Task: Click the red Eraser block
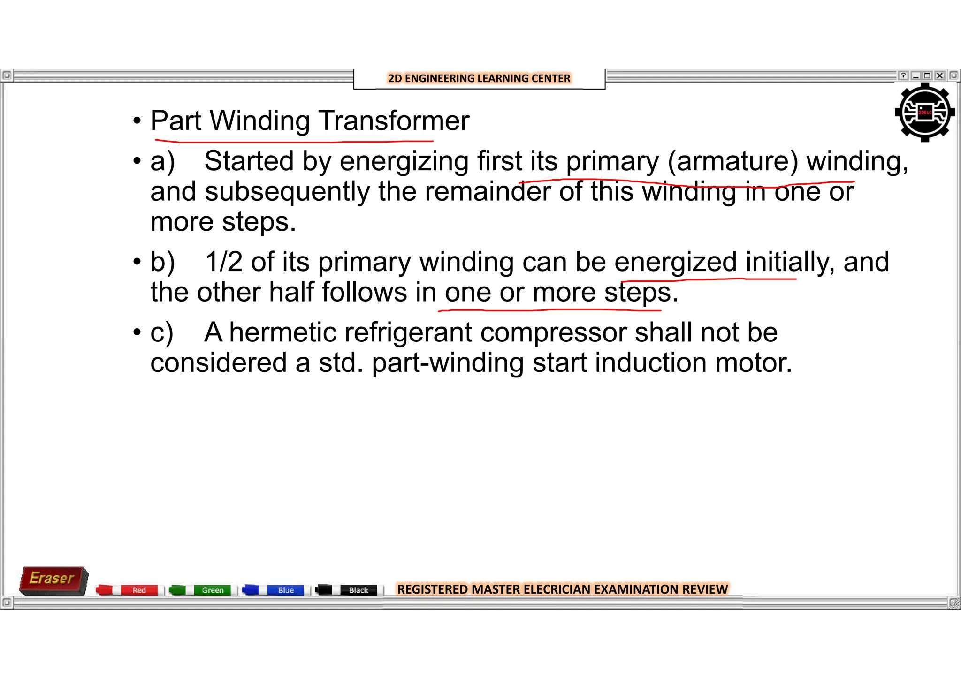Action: tap(53, 580)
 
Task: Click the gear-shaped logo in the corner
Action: tap(924, 113)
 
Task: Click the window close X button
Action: tap(939, 75)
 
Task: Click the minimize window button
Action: tap(915, 75)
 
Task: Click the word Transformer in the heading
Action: tap(394, 121)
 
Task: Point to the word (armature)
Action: tap(732, 161)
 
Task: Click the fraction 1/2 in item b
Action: tap(223, 262)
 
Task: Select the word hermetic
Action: tap(282, 332)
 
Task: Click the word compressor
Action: tap(553, 332)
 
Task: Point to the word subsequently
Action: tap(287, 192)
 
